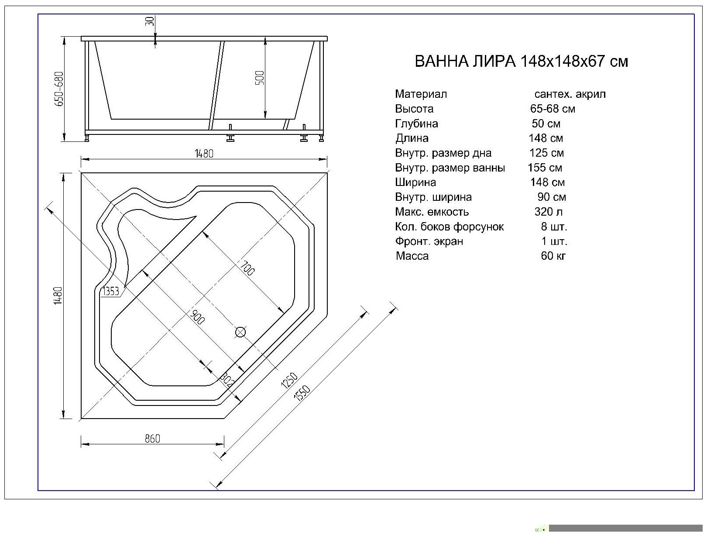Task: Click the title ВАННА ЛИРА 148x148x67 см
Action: click(x=521, y=61)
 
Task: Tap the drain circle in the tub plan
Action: click(x=240, y=333)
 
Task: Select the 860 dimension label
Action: click(x=152, y=438)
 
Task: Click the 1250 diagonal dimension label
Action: click(x=289, y=380)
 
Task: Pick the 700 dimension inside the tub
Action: click(x=247, y=268)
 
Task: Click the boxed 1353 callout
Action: click(x=111, y=291)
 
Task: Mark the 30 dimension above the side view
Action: click(x=150, y=21)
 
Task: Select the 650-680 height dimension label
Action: click(x=59, y=89)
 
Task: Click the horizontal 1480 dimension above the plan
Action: click(x=204, y=154)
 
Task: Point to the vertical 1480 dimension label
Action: click(x=58, y=295)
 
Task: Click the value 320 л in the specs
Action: click(x=548, y=212)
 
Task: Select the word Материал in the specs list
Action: click(x=421, y=94)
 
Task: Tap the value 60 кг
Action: click(x=553, y=256)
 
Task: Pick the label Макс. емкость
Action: click(x=432, y=212)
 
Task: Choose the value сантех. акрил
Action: click(x=570, y=94)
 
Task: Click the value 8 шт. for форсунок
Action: click(x=554, y=227)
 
